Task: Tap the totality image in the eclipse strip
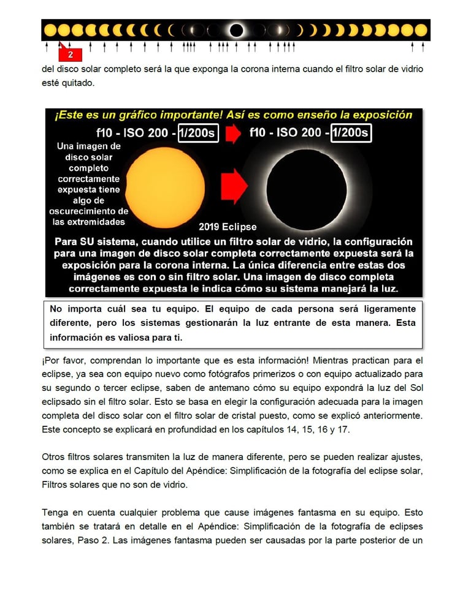click(x=236, y=30)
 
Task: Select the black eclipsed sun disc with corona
click(x=307, y=189)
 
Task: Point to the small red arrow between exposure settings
click(x=234, y=134)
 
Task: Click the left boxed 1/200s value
click(x=198, y=133)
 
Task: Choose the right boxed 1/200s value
click(x=351, y=133)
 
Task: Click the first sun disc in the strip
click(x=50, y=30)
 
